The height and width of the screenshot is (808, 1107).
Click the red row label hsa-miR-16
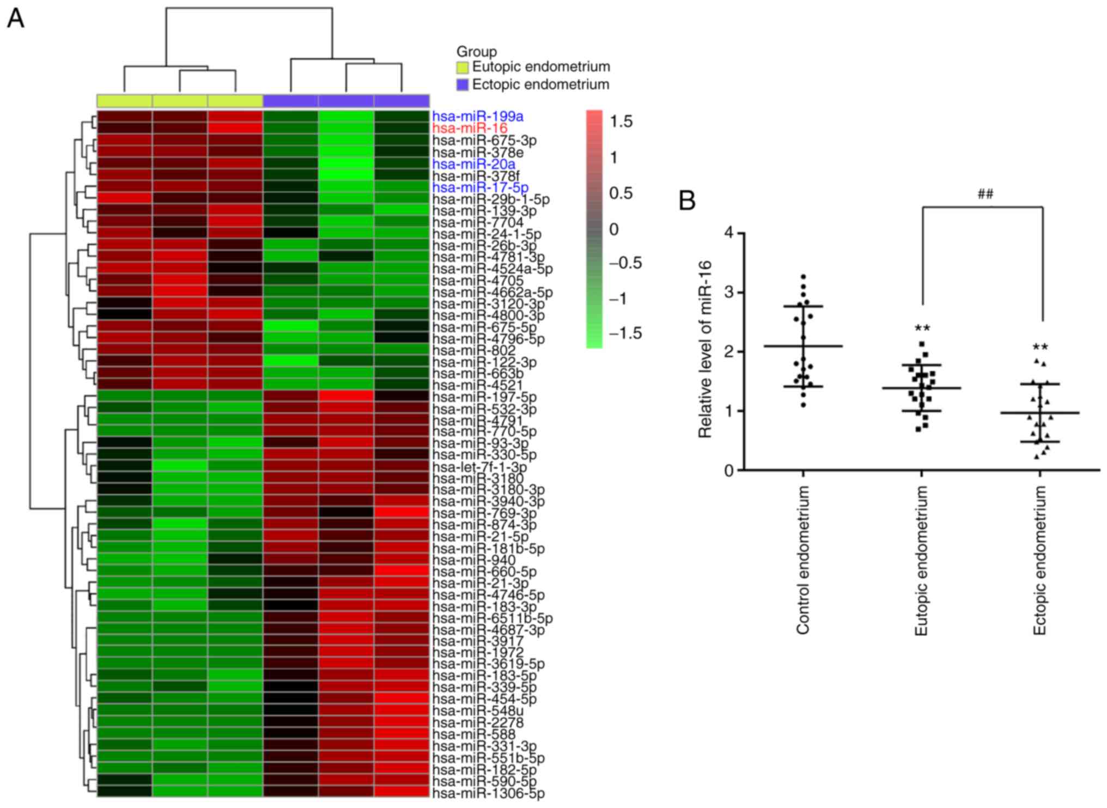coord(470,129)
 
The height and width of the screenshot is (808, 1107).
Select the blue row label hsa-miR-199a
coord(478,117)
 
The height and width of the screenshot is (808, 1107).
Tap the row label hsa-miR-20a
coord(473,164)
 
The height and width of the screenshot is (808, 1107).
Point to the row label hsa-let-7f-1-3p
coord(479,467)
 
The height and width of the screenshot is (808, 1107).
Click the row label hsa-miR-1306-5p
coord(488,794)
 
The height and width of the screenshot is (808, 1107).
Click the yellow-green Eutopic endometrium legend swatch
coord(463,68)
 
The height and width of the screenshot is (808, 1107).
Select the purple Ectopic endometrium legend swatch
coord(463,85)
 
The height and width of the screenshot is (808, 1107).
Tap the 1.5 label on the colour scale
coord(621,121)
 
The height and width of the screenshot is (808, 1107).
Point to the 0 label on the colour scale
coord(614,229)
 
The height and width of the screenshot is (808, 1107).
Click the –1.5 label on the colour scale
coord(625,333)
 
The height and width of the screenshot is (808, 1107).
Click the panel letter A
coord(16,20)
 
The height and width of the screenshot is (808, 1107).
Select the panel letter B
coord(687,201)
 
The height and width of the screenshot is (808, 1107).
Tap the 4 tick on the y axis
coord(728,234)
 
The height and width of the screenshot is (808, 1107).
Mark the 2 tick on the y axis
coord(728,352)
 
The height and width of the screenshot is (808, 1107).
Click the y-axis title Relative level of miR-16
coord(705,349)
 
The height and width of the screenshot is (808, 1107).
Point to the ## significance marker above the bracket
coord(985,194)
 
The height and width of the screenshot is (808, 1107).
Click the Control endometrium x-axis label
coord(803,560)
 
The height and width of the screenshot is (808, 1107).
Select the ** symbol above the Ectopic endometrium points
coord(1039,348)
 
